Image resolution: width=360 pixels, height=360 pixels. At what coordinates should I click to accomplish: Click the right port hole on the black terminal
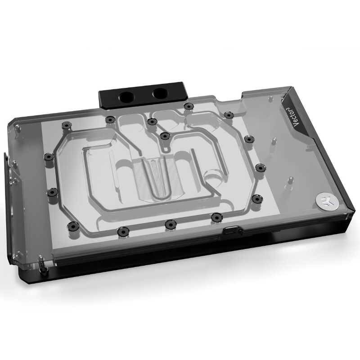[159, 92]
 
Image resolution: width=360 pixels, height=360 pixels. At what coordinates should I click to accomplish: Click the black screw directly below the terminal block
[189, 106]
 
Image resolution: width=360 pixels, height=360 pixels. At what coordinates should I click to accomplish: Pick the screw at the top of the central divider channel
[165, 136]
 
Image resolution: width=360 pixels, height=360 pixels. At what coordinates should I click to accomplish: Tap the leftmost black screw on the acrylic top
[49, 157]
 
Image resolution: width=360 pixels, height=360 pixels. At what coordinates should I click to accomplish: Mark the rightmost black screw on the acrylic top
[261, 167]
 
